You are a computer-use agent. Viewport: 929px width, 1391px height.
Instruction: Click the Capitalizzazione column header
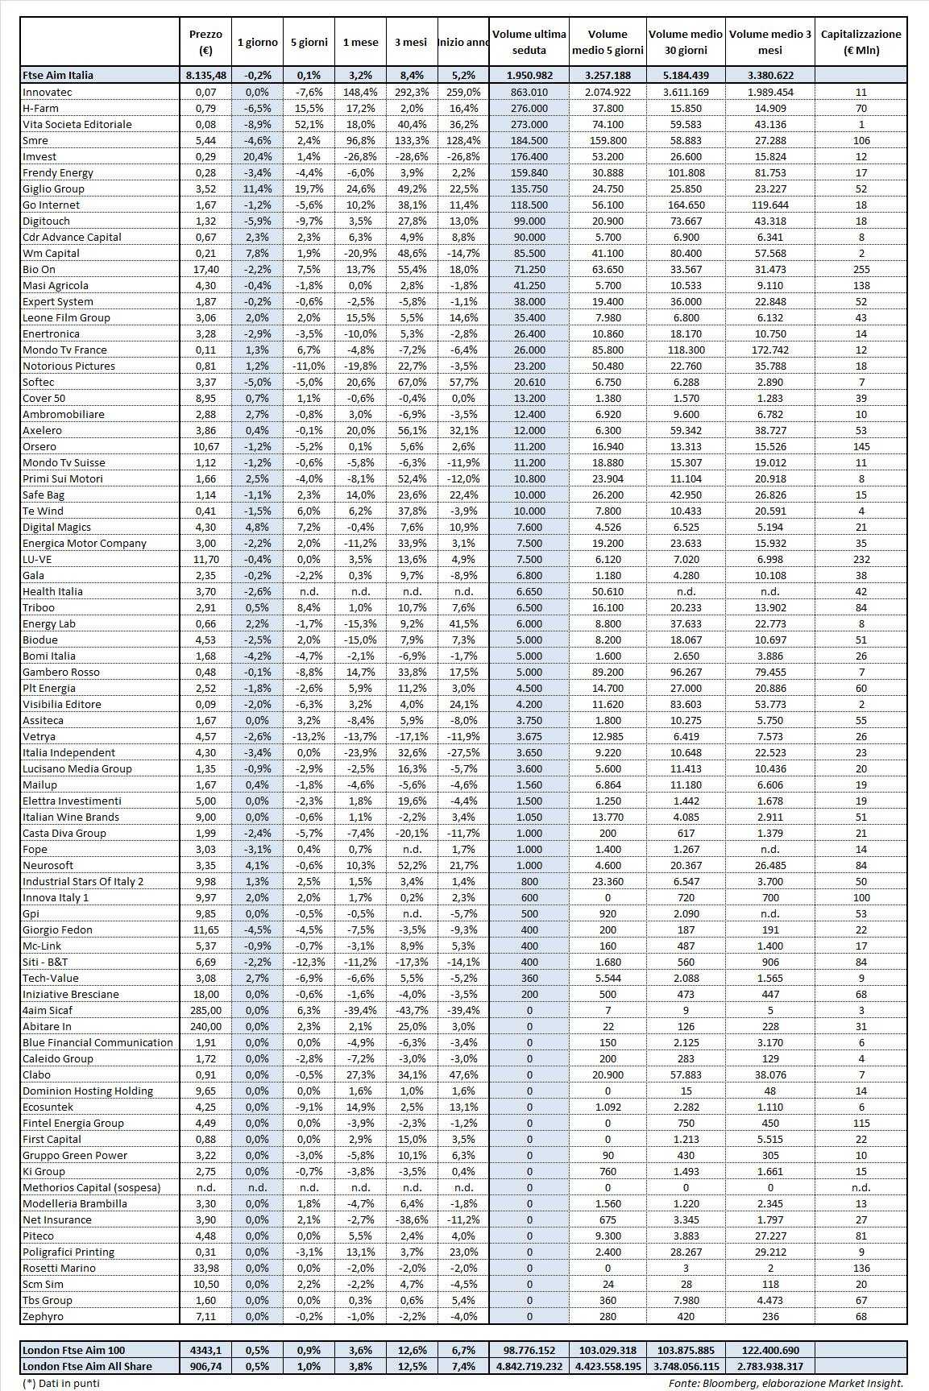coord(861,42)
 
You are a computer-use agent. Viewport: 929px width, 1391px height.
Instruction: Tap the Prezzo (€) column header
coord(205,42)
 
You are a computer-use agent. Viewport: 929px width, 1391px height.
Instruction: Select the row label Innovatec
coord(48,92)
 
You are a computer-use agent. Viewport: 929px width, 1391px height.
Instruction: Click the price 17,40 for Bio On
coord(205,269)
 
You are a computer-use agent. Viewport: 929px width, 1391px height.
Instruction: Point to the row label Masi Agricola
coord(56,285)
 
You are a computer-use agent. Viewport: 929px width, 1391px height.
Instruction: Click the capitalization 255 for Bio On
coord(861,269)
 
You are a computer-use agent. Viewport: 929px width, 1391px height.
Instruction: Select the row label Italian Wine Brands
coord(71,817)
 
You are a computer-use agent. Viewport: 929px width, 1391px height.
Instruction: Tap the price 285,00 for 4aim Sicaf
coord(205,1010)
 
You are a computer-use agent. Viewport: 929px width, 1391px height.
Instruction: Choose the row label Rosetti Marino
coord(59,1268)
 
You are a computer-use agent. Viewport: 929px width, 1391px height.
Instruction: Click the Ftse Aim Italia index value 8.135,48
coord(205,75)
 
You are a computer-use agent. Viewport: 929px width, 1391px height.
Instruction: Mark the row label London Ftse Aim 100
coord(74,1350)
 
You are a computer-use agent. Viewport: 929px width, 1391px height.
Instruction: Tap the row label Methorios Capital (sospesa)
coord(92,1187)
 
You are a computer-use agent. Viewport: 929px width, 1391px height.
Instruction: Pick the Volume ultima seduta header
coord(529,42)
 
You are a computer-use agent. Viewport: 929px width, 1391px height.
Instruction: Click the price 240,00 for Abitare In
coord(205,1026)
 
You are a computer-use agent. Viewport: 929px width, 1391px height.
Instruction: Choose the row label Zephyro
coord(43,1316)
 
